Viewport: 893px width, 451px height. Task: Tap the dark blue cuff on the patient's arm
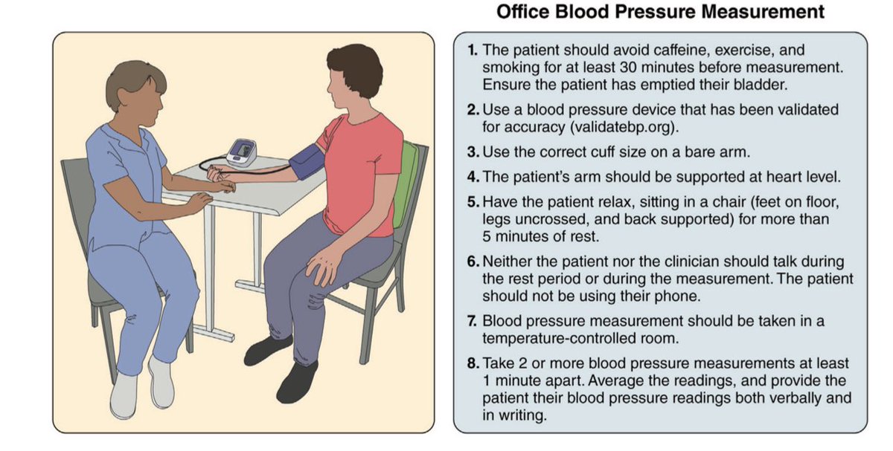click(304, 159)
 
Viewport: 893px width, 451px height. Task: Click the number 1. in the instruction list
click(473, 51)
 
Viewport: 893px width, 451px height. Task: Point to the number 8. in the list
click(473, 364)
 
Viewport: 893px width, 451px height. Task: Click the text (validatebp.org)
click(625, 126)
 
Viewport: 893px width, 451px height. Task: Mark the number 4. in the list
click(473, 177)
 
